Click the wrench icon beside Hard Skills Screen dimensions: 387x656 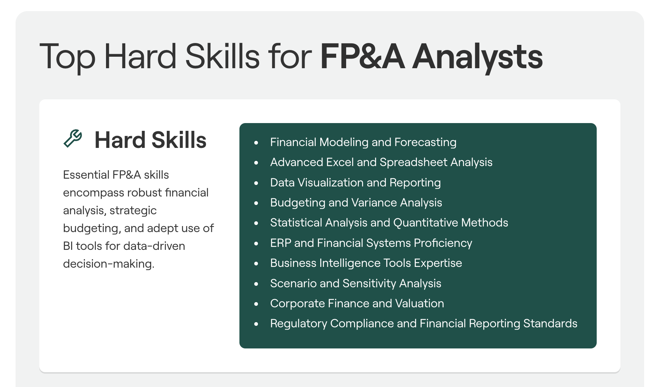[73, 139]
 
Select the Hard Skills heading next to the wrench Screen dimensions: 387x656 [150, 140]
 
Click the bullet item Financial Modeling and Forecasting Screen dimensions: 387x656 [363, 142]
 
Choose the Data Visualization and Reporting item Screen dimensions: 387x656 [355, 183]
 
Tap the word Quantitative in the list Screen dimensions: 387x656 [425, 223]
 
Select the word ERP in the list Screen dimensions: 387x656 [281, 243]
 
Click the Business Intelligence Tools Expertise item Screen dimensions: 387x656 [366, 263]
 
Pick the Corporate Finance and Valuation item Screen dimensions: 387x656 [357, 304]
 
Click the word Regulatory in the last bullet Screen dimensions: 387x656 [298, 324]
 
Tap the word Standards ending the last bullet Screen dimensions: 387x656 [550, 324]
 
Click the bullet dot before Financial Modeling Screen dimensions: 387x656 [256, 143]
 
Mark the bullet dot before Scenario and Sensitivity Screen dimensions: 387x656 [256, 284]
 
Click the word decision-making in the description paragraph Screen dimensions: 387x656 [108, 264]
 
